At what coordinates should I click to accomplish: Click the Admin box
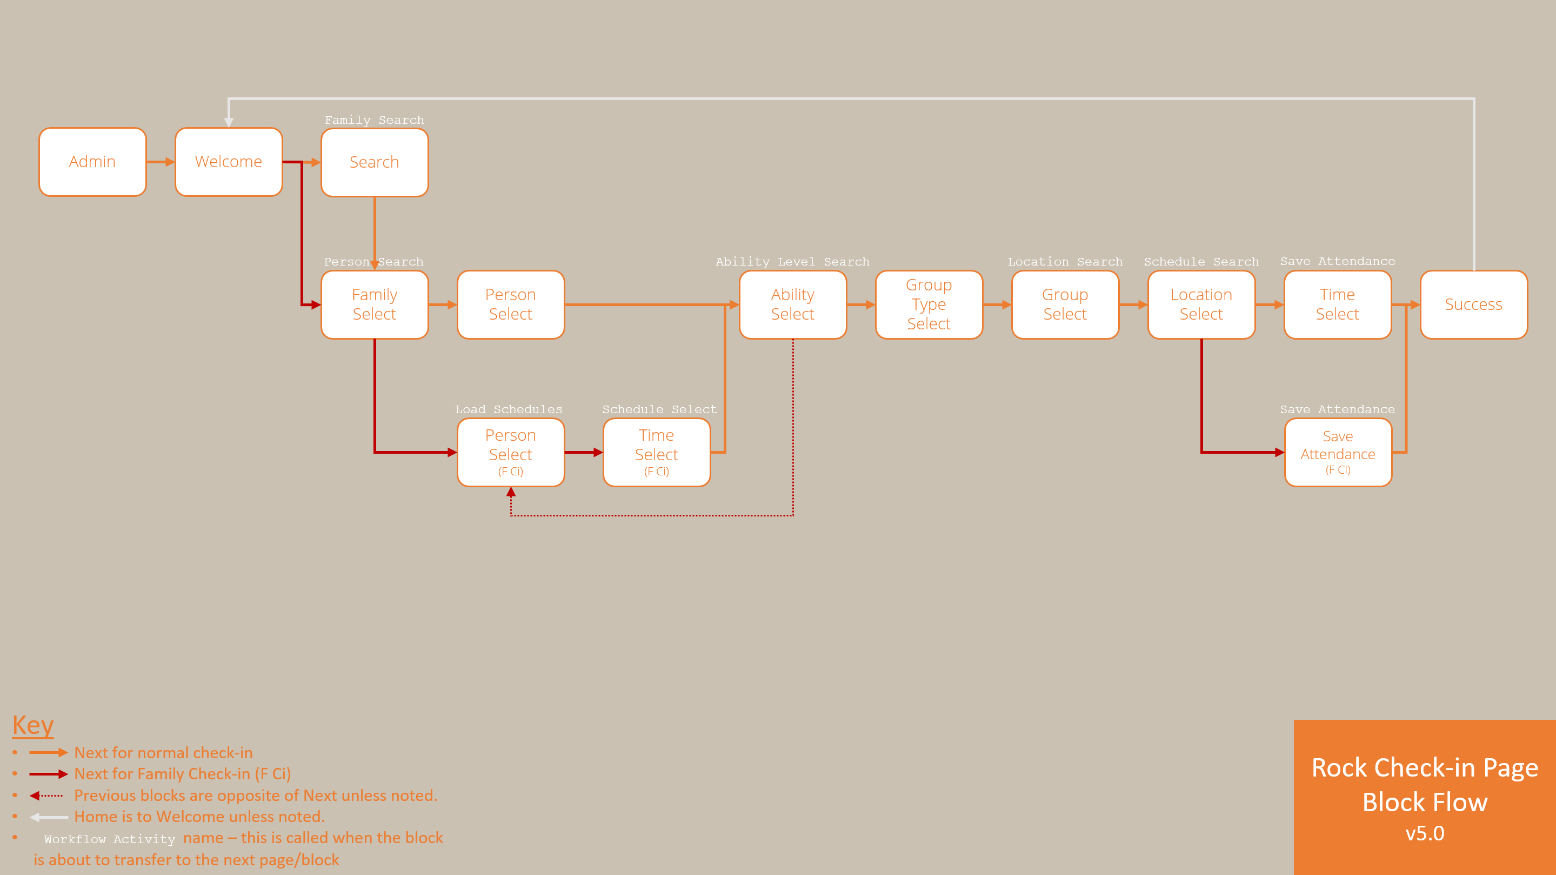tap(92, 162)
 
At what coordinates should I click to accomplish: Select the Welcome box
tap(228, 162)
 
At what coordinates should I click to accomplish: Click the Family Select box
tap(375, 304)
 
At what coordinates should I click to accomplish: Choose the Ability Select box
tap(792, 304)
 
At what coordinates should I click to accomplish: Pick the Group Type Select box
tap(929, 304)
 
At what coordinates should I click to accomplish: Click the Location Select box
tap(1201, 304)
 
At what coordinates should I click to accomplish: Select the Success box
tap(1473, 304)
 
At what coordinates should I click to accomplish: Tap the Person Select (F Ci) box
tap(510, 452)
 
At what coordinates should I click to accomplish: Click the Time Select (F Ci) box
tap(657, 452)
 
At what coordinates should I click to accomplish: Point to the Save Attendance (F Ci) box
tap(1338, 452)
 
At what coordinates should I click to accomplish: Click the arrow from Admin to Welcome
tap(161, 162)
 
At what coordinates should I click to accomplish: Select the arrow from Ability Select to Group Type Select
tap(861, 304)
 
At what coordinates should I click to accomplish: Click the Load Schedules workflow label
tap(509, 409)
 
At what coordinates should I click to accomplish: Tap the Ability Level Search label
tap(792, 262)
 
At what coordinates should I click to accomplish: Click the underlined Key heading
tap(33, 725)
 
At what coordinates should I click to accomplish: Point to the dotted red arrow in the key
tap(46, 796)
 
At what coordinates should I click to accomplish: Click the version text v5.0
tap(1425, 833)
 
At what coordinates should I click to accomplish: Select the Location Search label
tap(1065, 262)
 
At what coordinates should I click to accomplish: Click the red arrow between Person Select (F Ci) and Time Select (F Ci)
tap(584, 452)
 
